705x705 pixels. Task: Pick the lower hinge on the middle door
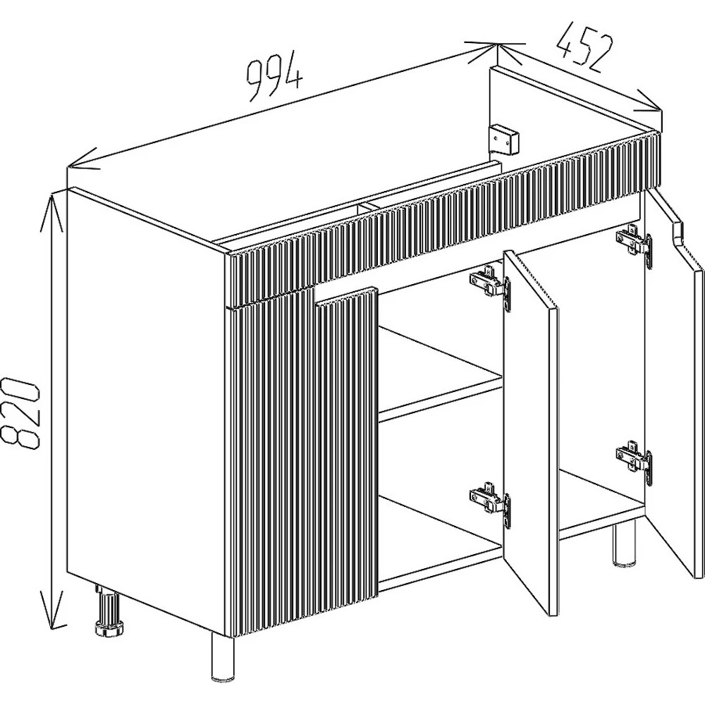(491, 504)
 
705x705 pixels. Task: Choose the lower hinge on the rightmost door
(634, 462)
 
